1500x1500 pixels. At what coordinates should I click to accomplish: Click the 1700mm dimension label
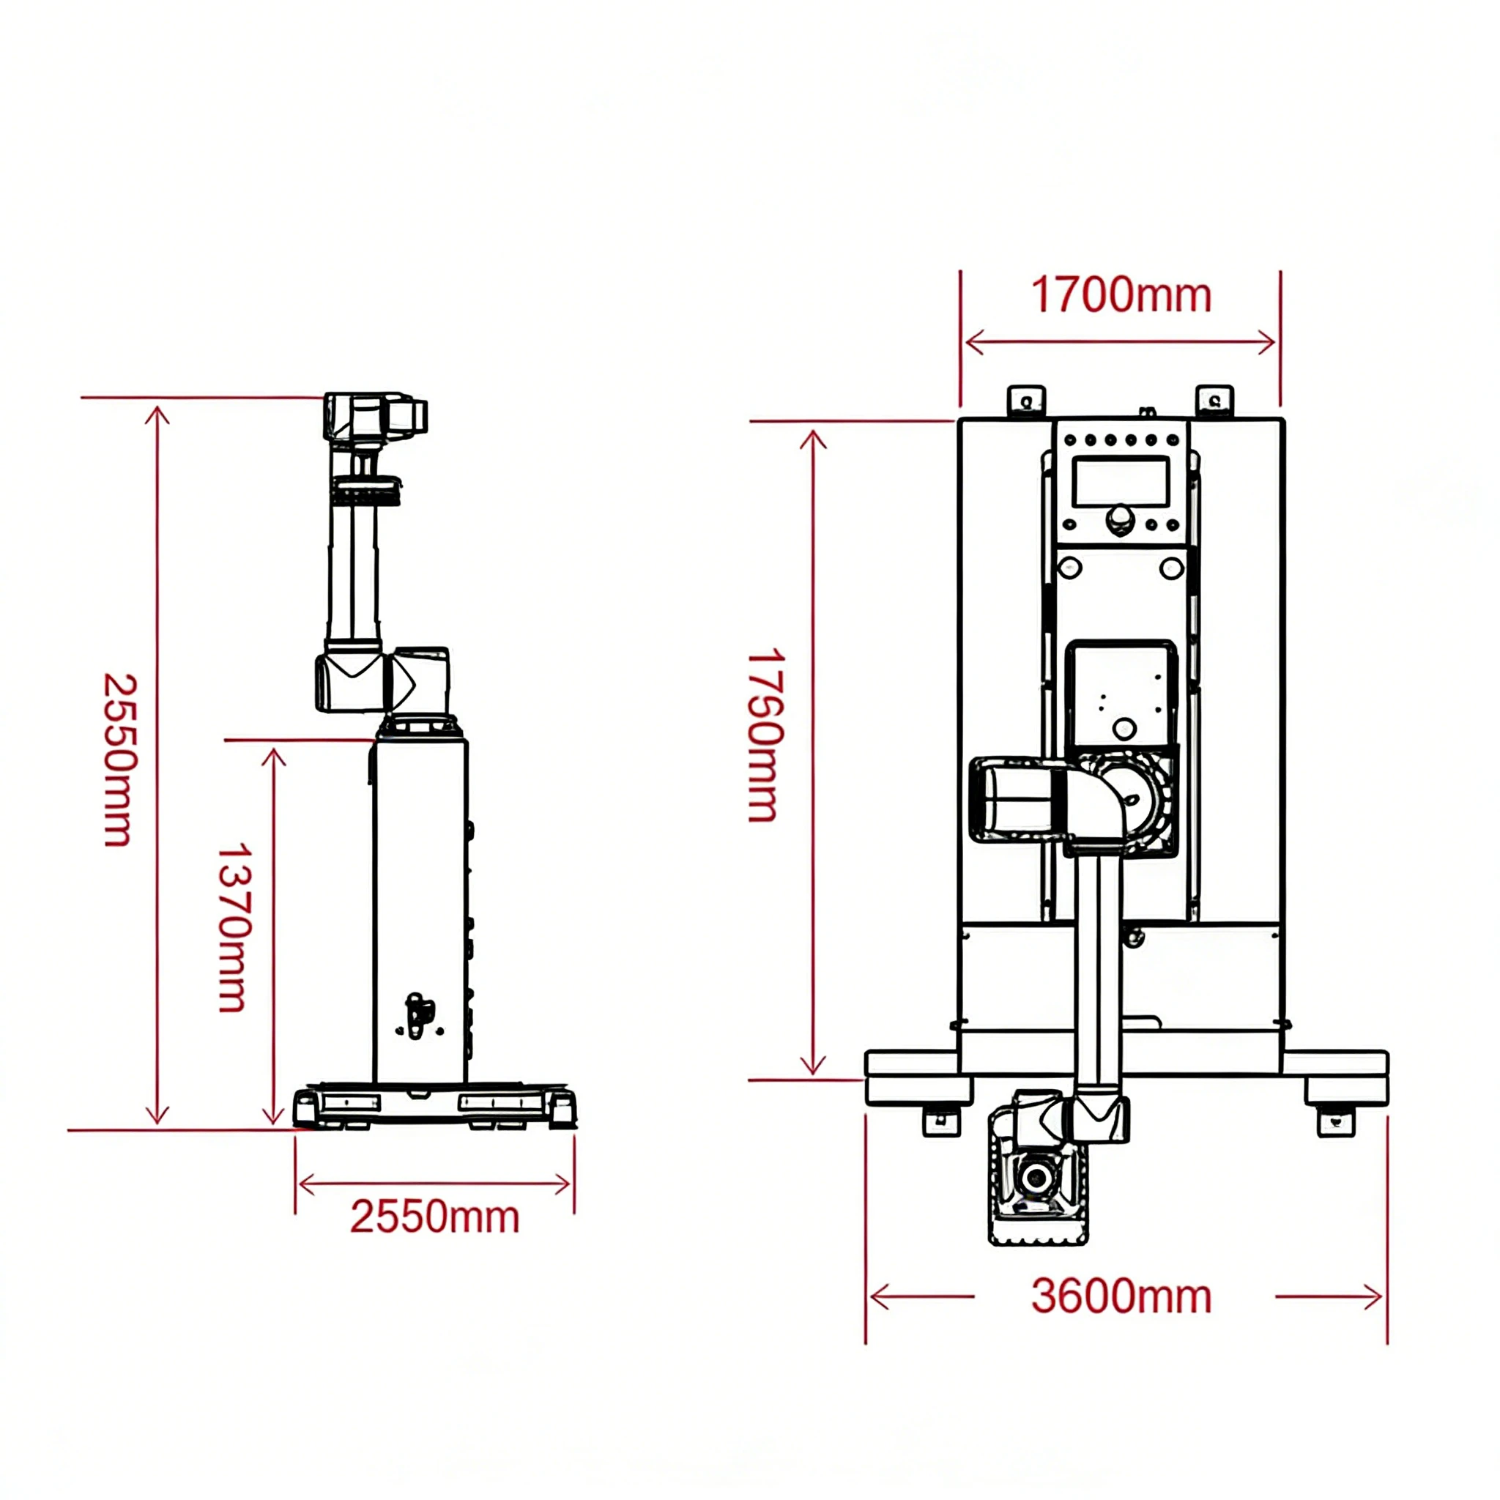[1121, 296]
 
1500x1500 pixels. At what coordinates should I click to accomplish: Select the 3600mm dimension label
[1121, 1296]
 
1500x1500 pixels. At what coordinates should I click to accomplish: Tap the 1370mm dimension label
[233, 927]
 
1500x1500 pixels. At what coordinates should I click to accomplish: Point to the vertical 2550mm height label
[119, 759]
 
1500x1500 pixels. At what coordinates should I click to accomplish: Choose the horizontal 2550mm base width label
[435, 1217]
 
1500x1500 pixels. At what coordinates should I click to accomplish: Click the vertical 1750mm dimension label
[765, 735]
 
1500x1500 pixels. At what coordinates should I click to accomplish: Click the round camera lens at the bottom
[1036, 1177]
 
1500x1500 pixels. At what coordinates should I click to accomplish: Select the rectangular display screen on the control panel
[1121, 481]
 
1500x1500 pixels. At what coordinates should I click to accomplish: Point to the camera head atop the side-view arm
[375, 417]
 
